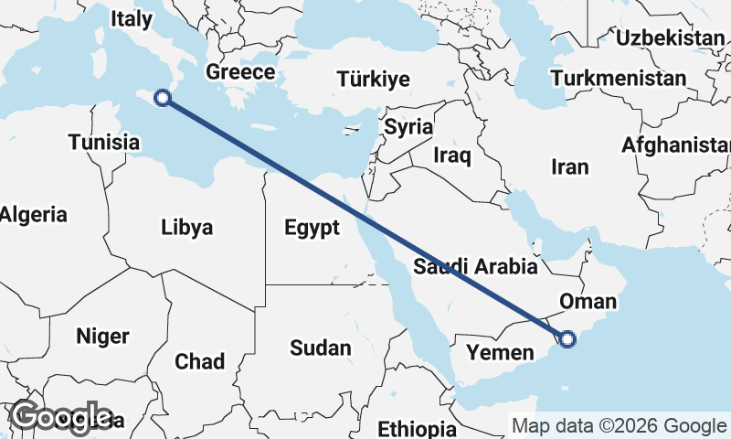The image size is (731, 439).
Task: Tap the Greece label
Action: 240,72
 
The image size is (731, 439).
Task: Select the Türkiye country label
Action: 373,80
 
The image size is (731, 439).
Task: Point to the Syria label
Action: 408,126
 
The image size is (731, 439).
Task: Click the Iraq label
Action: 452,155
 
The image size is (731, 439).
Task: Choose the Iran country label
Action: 570,166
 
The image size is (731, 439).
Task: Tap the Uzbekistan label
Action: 670,37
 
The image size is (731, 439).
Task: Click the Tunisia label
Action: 104,142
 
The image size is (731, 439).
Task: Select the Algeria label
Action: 34,215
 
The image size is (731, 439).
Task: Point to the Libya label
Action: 186,227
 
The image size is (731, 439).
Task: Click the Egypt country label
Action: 312,227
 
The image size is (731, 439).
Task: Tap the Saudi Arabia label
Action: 475,267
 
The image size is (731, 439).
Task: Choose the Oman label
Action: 588,301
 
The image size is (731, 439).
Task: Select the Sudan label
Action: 320,348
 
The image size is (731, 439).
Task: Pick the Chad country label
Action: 199,361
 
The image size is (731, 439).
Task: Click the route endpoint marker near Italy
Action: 163,98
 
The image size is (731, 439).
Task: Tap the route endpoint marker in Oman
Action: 567,339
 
